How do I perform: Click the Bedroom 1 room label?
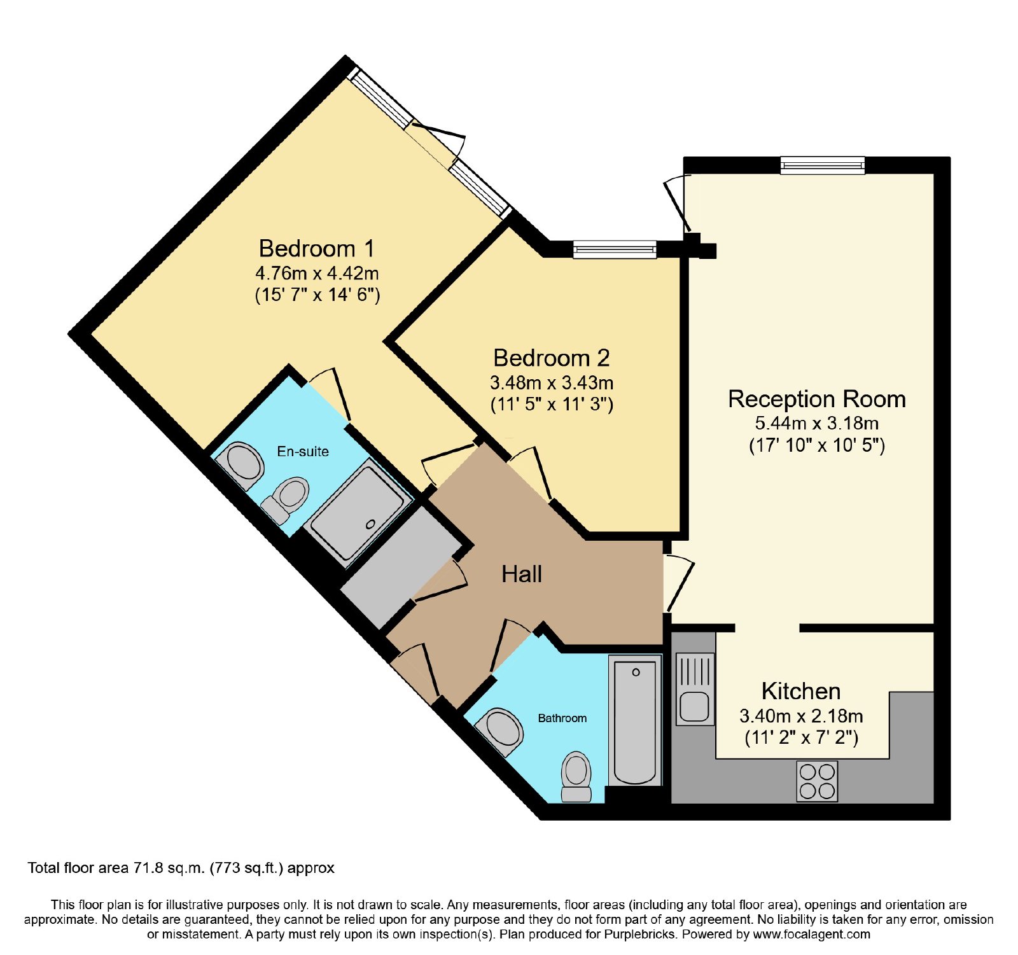coord(316,248)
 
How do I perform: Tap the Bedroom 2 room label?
coord(551,358)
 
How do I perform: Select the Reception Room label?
coord(817,399)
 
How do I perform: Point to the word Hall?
coord(522,574)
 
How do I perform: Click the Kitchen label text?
coord(801,691)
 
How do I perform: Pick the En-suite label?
coord(303,451)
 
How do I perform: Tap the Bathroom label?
coord(562,718)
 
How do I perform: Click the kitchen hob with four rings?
coord(817,781)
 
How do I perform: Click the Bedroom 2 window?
coord(615,249)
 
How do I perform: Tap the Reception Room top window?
coord(823,165)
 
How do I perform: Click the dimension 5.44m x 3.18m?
coord(817,423)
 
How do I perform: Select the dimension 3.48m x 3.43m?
coord(552,383)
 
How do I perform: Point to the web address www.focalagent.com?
coord(812,935)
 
